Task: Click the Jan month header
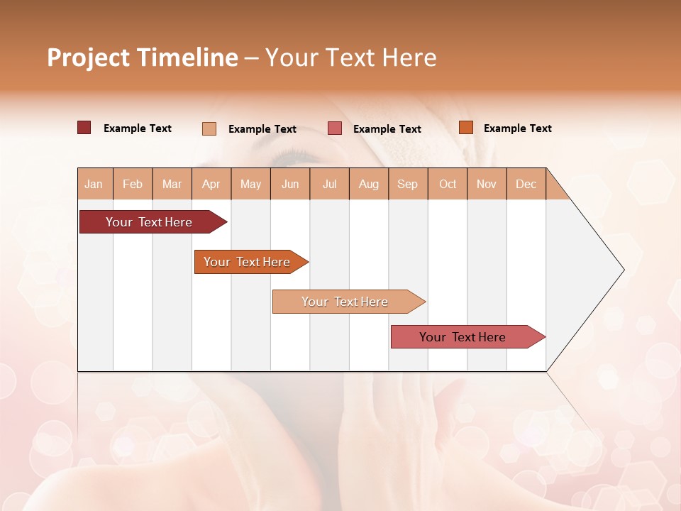click(94, 184)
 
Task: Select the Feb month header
click(133, 184)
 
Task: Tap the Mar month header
click(172, 184)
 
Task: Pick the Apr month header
click(211, 184)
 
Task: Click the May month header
click(250, 184)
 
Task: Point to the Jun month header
click(290, 184)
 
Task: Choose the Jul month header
click(329, 184)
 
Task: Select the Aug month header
click(369, 184)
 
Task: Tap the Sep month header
click(408, 184)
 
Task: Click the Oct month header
click(448, 184)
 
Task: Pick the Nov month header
click(487, 184)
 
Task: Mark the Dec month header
click(526, 184)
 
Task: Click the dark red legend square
click(84, 128)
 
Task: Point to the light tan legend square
click(209, 128)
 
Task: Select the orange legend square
click(465, 128)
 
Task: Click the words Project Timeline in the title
click(143, 57)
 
